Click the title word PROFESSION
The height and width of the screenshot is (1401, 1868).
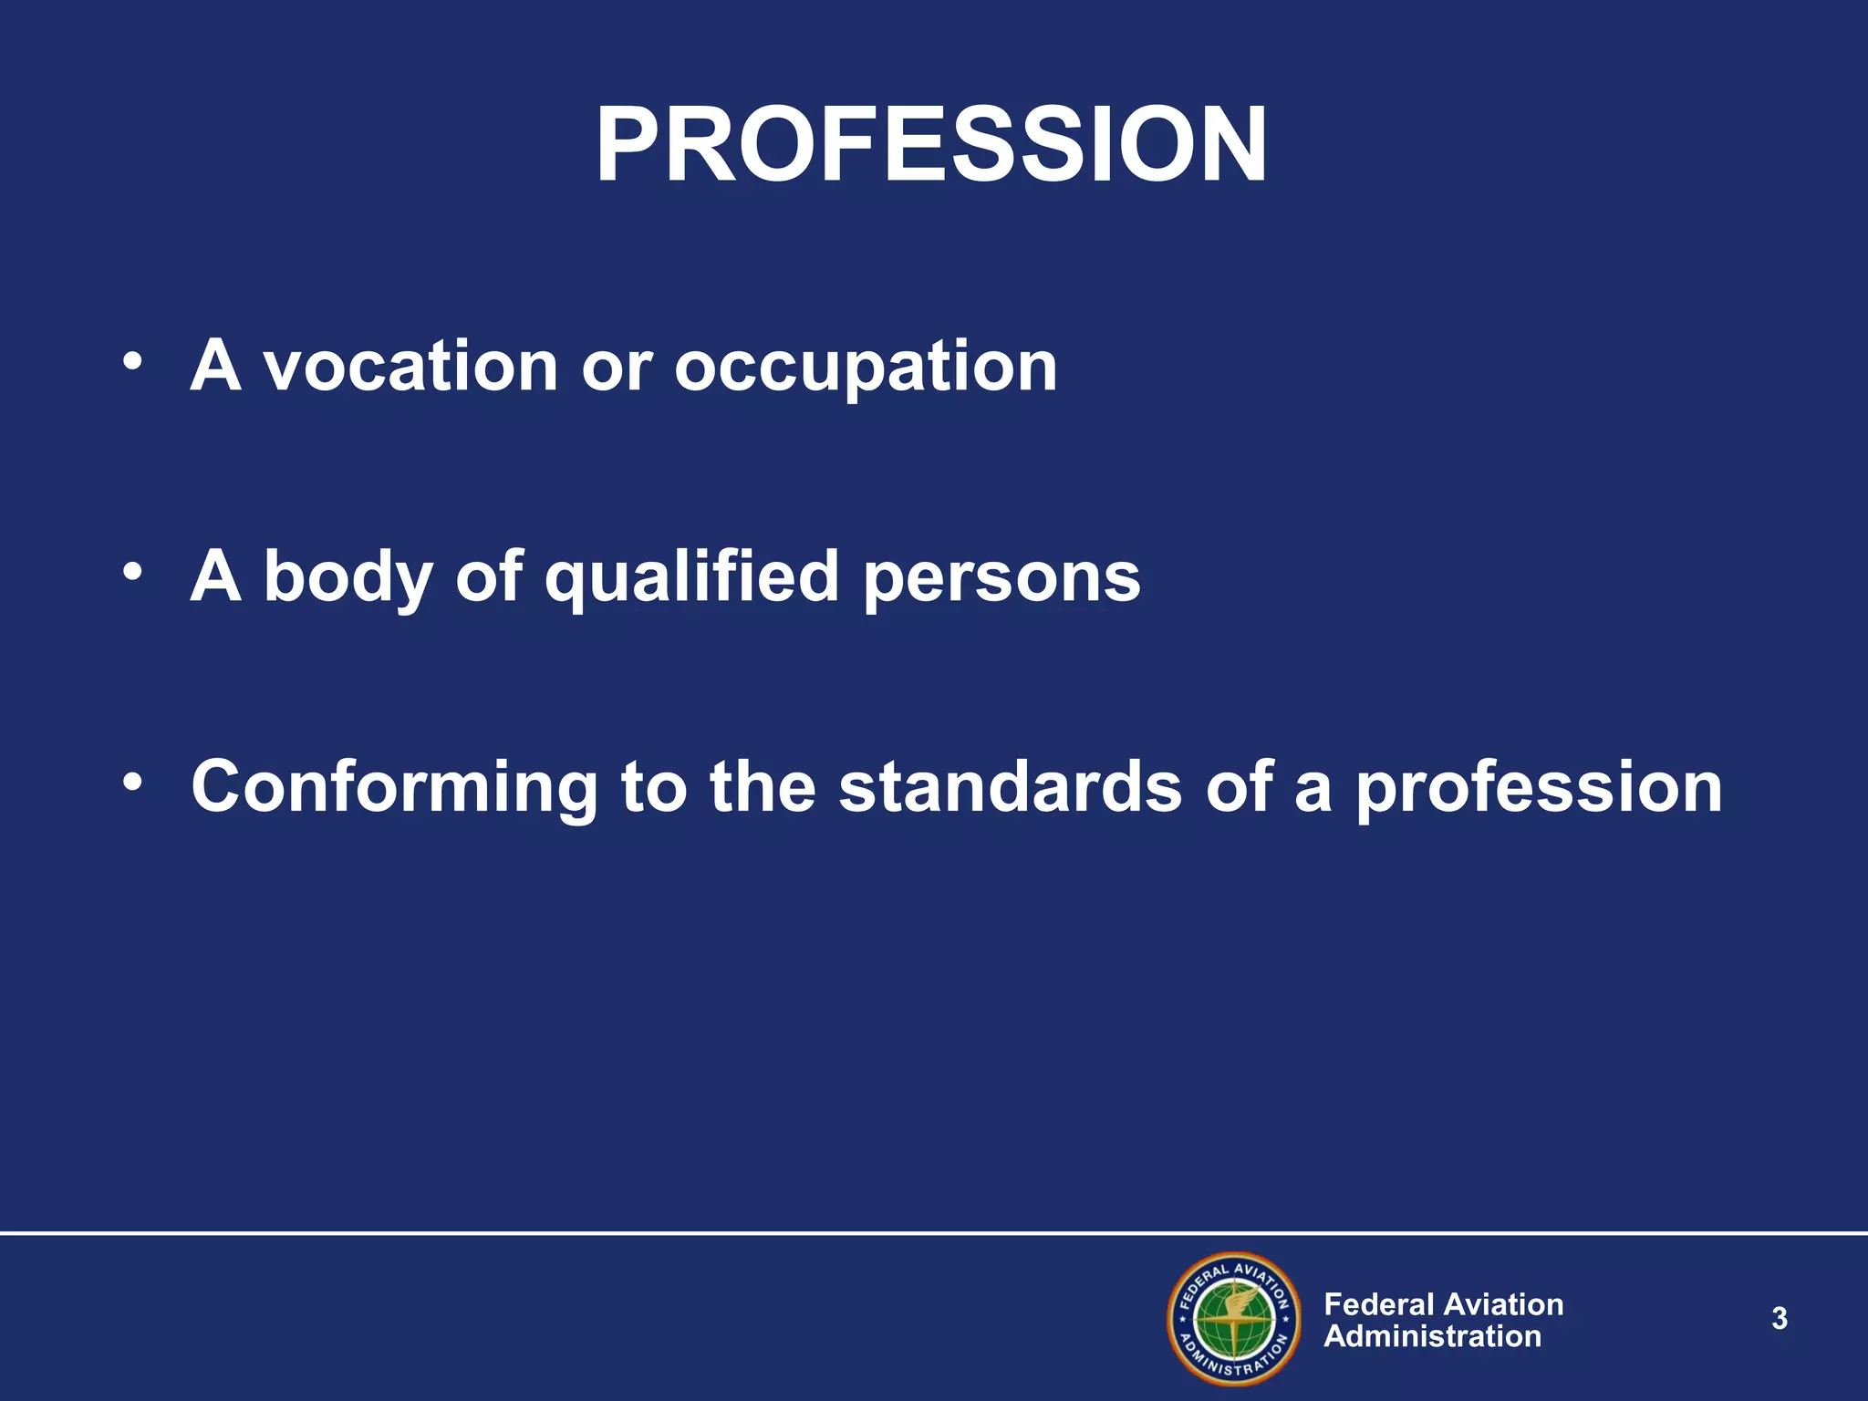(931, 146)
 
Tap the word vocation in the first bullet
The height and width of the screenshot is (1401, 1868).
(410, 367)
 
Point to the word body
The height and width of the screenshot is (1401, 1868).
(348, 578)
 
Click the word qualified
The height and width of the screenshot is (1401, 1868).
(691, 578)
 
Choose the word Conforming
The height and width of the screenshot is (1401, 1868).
(394, 788)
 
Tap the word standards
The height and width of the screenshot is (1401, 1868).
(1010, 786)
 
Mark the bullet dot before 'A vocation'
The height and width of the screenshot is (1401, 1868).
(133, 361)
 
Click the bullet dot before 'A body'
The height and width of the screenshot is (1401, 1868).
(133, 572)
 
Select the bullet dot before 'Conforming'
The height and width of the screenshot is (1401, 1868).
(133, 782)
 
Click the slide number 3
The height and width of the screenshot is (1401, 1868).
(1780, 1319)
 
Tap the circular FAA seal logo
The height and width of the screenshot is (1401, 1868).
(1234, 1319)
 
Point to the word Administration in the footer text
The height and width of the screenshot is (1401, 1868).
(1432, 1337)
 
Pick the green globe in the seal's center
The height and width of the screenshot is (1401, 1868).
(1234, 1320)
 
